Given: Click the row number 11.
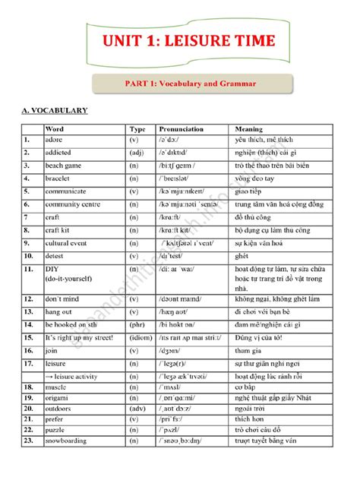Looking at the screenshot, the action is coord(27,269).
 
